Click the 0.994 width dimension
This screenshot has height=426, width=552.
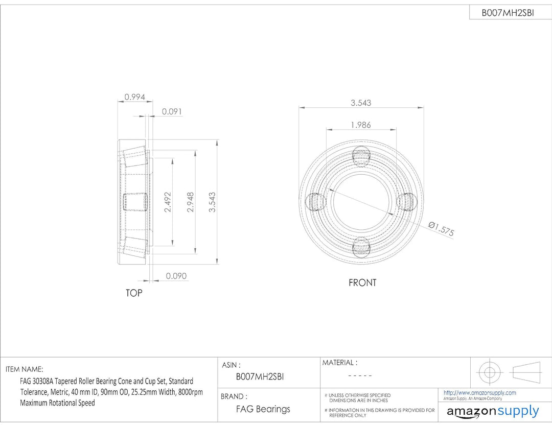coord(134,97)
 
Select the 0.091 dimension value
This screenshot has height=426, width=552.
coord(172,111)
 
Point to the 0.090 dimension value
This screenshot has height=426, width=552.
coord(176,276)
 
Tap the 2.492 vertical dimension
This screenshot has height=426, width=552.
coord(168,202)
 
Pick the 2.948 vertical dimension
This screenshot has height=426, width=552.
coord(191,202)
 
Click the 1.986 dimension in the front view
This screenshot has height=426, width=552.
coord(361,125)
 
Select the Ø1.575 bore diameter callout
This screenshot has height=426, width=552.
coord(442,229)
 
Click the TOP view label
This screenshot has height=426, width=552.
coord(134,293)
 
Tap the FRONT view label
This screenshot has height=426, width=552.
coord(362,282)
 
